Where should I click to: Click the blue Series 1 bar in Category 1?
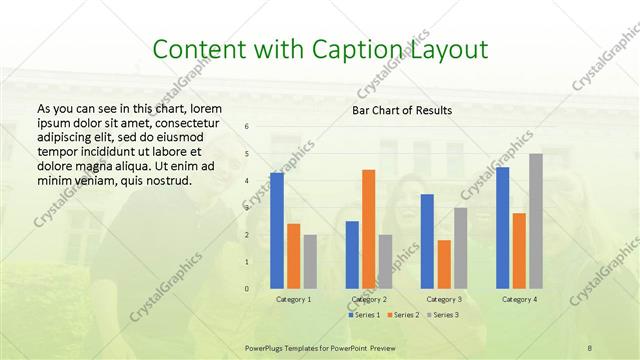pyautogui.click(x=276, y=231)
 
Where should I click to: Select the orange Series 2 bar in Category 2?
pyautogui.click(x=368, y=229)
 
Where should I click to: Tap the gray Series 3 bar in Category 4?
pyautogui.click(x=536, y=221)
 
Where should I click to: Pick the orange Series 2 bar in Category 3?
pyautogui.click(x=444, y=264)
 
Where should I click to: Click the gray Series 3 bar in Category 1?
pyautogui.click(x=310, y=262)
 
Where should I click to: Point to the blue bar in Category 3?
pyautogui.click(x=427, y=241)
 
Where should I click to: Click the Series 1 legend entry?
pyautogui.click(x=364, y=315)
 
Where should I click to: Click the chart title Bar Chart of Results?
pyautogui.click(x=402, y=110)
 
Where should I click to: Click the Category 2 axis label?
pyautogui.click(x=369, y=299)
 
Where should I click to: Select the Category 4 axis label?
pyautogui.click(x=519, y=299)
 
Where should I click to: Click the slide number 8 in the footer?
pyautogui.click(x=590, y=347)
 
